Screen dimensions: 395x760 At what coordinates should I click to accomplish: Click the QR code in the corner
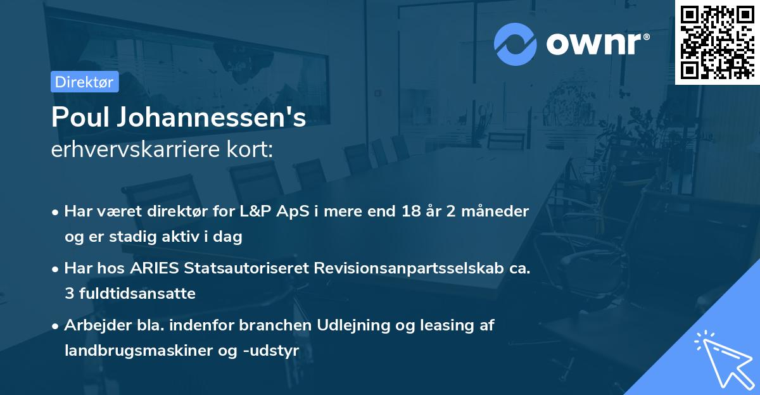(x=717, y=42)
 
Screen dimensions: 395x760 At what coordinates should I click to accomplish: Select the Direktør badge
(x=84, y=82)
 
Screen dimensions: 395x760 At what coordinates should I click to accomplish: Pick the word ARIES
(x=156, y=268)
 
